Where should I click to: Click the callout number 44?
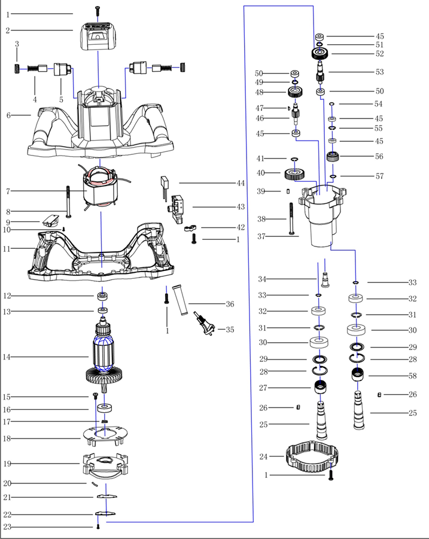pos(241,183)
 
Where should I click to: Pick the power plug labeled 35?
pos(204,324)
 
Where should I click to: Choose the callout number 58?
pos(412,376)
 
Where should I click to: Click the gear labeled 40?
pos(295,174)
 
